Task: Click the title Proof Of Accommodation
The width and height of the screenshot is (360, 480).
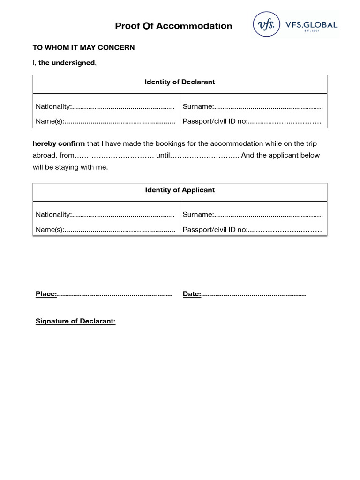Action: coord(173,26)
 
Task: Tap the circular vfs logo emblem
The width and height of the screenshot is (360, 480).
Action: coord(265,24)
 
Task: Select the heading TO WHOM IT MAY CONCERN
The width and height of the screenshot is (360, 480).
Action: coord(83,48)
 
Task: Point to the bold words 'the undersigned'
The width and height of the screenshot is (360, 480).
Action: coord(67,63)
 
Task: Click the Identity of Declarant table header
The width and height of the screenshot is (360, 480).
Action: coord(180,82)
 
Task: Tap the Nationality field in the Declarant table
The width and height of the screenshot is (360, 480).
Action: coord(105,107)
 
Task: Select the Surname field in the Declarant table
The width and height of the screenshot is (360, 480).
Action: coord(253,107)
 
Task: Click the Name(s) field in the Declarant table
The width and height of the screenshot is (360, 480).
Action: coord(105,121)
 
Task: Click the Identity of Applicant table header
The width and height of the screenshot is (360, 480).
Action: coord(180,190)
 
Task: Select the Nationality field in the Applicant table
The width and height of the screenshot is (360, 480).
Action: coord(105,215)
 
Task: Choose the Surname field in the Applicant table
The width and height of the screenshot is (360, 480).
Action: coord(253,215)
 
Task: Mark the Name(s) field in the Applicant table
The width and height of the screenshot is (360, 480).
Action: coord(105,230)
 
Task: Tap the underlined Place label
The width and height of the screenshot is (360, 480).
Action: coord(46,294)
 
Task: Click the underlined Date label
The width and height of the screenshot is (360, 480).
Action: coord(192,294)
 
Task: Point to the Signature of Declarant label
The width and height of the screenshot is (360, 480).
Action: coord(75,321)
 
